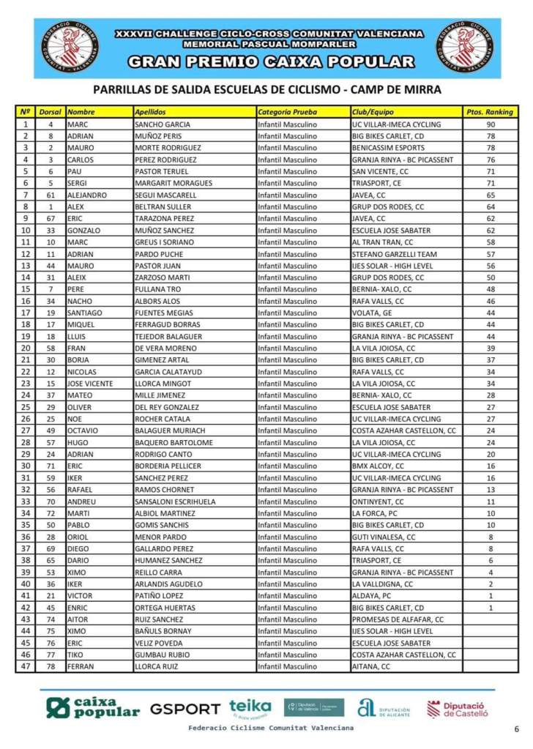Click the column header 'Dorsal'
click(x=50, y=112)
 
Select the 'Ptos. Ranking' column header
click(x=490, y=112)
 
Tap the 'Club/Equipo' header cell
click(x=371, y=112)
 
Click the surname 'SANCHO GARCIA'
click(x=163, y=124)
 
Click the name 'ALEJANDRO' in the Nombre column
click(x=87, y=195)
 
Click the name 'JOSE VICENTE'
click(x=90, y=384)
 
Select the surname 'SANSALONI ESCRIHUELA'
click(x=175, y=502)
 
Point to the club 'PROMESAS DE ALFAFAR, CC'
click(x=398, y=619)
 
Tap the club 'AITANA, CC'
click(x=371, y=666)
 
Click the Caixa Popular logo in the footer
click(x=92, y=707)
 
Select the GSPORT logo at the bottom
click(x=184, y=709)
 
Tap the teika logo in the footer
click(x=250, y=708)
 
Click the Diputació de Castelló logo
click(x=457, y=709)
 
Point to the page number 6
click(x=516, y=728)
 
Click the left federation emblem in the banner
click(x=70, y=48)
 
